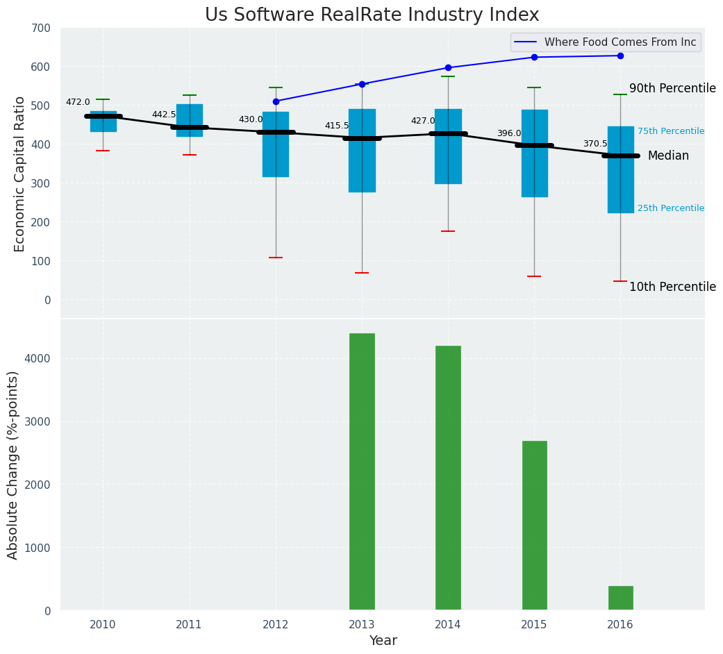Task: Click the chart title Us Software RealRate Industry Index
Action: click(372, 15)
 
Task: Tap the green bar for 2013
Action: click(362, 471)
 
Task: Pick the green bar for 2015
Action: click(534, 525)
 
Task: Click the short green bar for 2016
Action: click(620, 598)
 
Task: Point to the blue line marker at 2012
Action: click(276, 101)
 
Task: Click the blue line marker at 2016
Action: click(620, 56)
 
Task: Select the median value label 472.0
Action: click(78, 102)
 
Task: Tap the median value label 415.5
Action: click(337, 126)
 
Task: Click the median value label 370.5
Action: click(595, 144)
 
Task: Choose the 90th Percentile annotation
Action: click(672, 88)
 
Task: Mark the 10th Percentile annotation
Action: click(672, 287)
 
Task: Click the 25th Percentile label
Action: click(671, 208)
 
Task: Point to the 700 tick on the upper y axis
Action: click(41, 28)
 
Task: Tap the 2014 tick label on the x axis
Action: click(448, 625)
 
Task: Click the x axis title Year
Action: click(383, 641)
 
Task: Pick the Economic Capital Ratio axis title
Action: click(19, 174)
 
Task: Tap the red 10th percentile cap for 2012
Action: click(276, 258)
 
